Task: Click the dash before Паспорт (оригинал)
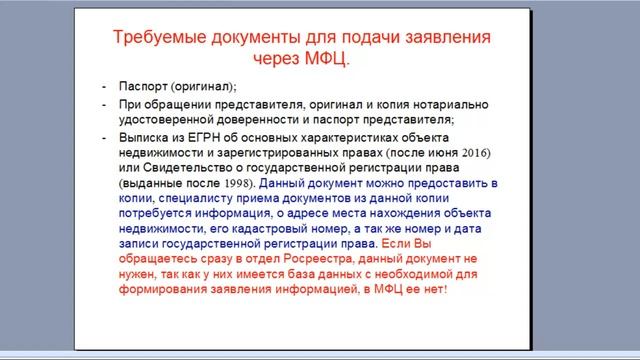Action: [x=105, y=87]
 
